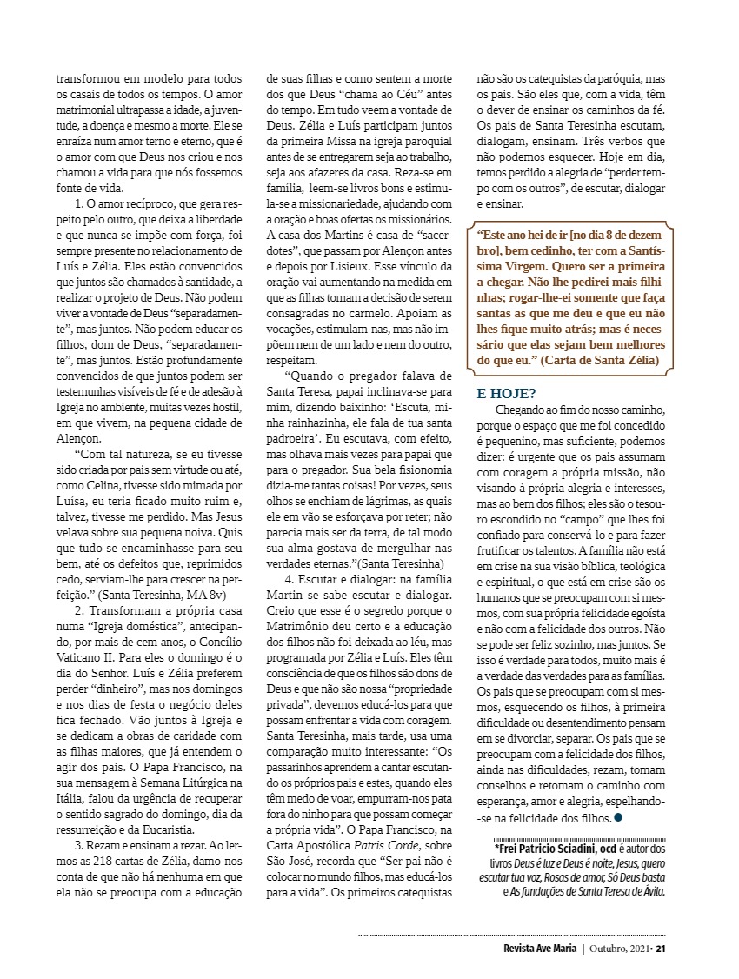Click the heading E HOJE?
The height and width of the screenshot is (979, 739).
pos(507,394)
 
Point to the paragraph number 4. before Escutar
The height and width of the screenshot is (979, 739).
pos(292,578)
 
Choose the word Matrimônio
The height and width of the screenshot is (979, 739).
pos(298,611)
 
